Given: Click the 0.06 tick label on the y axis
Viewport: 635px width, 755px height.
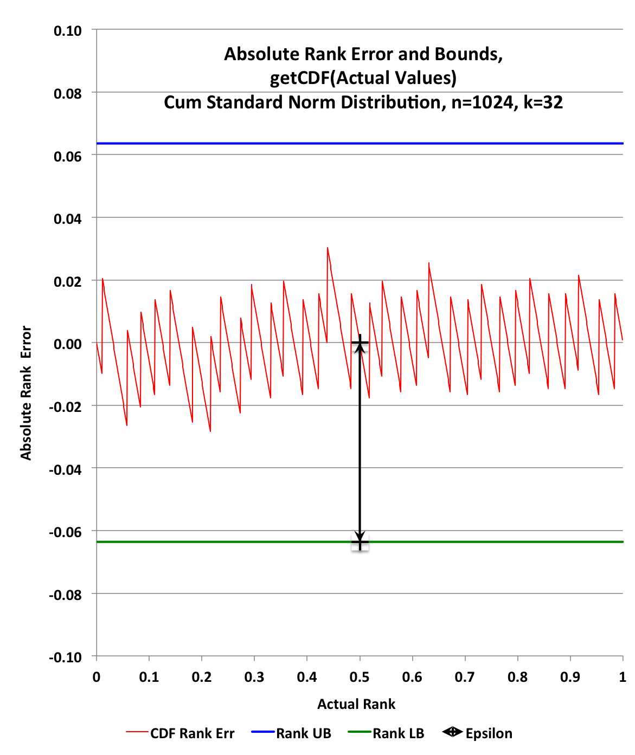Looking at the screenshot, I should tap(68, 157).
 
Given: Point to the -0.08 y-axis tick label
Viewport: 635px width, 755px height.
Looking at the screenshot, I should tap(66, 595).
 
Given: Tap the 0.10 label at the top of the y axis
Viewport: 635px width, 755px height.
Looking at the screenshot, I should tap(68, 31).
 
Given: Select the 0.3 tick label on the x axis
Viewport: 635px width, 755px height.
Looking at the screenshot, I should tap(254, 677).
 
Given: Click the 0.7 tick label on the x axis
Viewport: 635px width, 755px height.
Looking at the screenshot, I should tap(465, 677).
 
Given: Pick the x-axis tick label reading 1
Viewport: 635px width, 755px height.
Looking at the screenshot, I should tap(623, 677).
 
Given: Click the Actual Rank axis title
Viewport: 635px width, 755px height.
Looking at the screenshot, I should tap(356, 704).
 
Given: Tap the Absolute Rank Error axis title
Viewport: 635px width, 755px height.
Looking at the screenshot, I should tap(26, 393).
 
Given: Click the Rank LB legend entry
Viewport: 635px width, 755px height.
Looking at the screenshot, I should tap(398, 733).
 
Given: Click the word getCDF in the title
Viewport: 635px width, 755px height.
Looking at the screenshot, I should tap(299, 78).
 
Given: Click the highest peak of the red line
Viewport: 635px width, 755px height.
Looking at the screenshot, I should tap(328, 248).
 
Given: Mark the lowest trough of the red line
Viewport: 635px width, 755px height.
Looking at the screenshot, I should tap(210, 431).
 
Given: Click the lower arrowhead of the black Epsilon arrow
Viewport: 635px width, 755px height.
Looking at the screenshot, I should tap(360, 537).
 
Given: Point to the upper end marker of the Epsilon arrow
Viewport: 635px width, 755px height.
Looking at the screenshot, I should tap(360, 343).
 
